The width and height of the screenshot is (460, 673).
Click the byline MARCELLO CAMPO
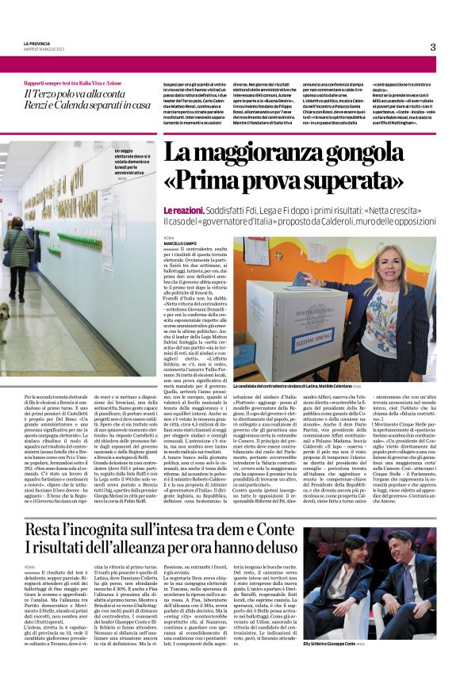pyautogui.click(x=182, y=243)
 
